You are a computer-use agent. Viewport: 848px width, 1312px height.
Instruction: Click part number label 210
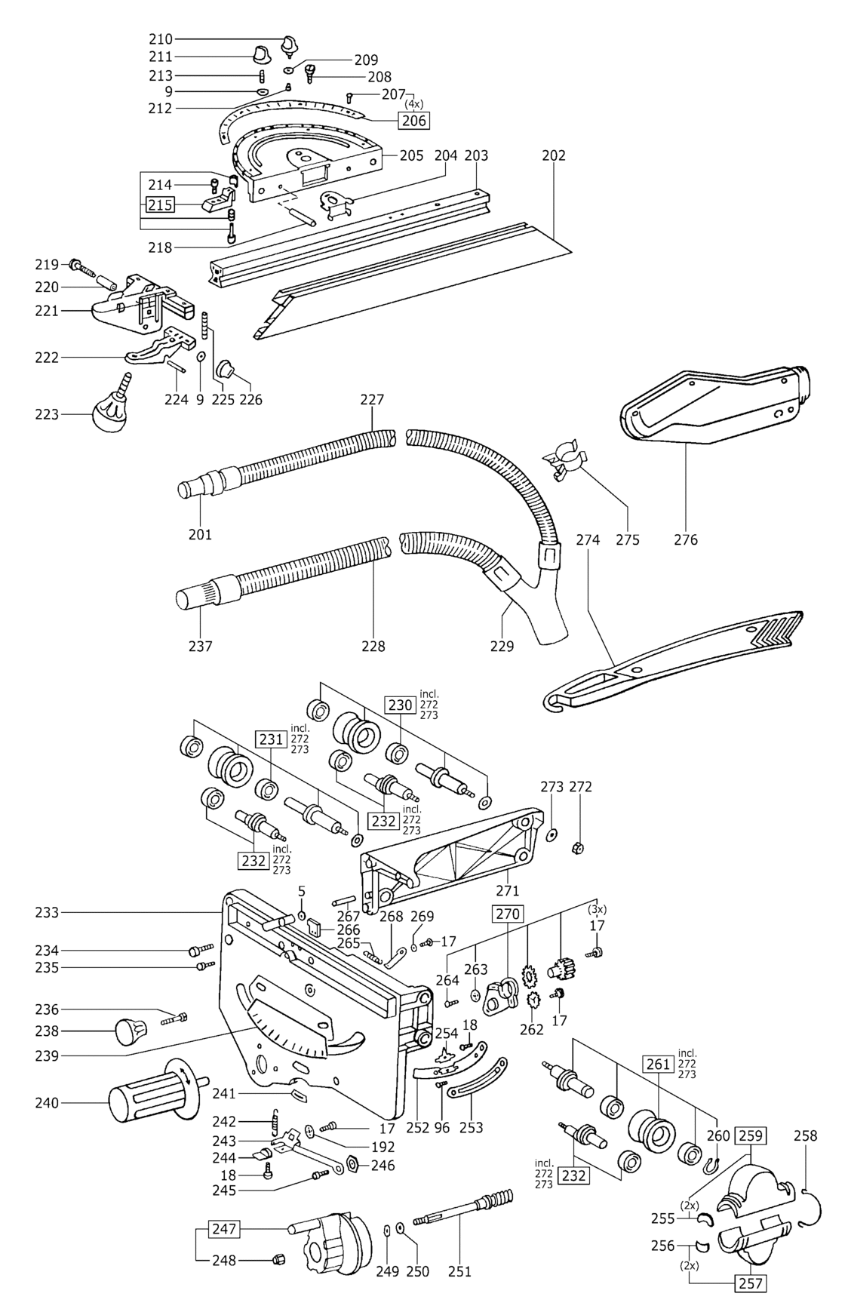click(x=161, y=39)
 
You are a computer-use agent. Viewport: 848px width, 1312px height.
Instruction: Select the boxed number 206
click(x=414, y=120)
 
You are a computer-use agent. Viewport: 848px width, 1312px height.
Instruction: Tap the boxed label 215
click(x=160, y=204)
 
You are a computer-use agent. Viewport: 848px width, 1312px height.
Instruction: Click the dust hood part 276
click(x=709, y=407)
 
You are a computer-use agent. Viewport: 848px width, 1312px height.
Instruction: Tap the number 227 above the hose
click(x=372, y=399)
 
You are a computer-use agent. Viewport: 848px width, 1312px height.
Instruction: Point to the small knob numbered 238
click(x=130, y=1031)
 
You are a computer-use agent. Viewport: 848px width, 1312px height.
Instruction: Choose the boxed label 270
click(x=507, y=914)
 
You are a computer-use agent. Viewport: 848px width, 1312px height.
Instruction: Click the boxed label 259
click(x=751, y=1135)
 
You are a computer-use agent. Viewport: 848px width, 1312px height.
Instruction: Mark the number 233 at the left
click(x=47, y=912)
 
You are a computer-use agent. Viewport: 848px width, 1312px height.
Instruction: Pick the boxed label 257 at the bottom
click(x=751, y=1283)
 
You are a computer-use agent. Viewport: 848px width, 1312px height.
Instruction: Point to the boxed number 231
click(x=272, y=739)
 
